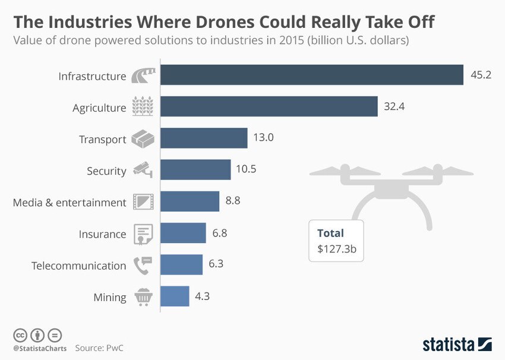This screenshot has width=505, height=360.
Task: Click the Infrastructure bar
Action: click(311, 75)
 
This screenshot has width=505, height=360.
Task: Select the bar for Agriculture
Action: click(269, 107)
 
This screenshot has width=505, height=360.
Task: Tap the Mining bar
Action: click(175, 296)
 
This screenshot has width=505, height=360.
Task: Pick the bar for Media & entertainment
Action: click(190, 201)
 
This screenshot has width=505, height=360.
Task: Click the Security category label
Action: click(106, 171)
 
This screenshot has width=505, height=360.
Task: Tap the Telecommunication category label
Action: click(78, 266)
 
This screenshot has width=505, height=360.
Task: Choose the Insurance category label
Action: click(102, 234)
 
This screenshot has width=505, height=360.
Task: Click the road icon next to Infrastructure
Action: click(143, 76)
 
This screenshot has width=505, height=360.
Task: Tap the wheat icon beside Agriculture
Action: click(143, 108)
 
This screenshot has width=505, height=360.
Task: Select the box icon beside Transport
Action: click(143, 139)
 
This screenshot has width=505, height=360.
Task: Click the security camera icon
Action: click(143, 170)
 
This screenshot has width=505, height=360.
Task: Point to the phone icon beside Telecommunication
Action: click(143, 265)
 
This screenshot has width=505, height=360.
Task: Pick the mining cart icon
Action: click(143, 296)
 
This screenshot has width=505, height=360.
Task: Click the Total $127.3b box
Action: click(336, 241)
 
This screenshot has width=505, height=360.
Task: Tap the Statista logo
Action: click(457, 344)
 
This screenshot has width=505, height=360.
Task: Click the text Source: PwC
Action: click(103, 348)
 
